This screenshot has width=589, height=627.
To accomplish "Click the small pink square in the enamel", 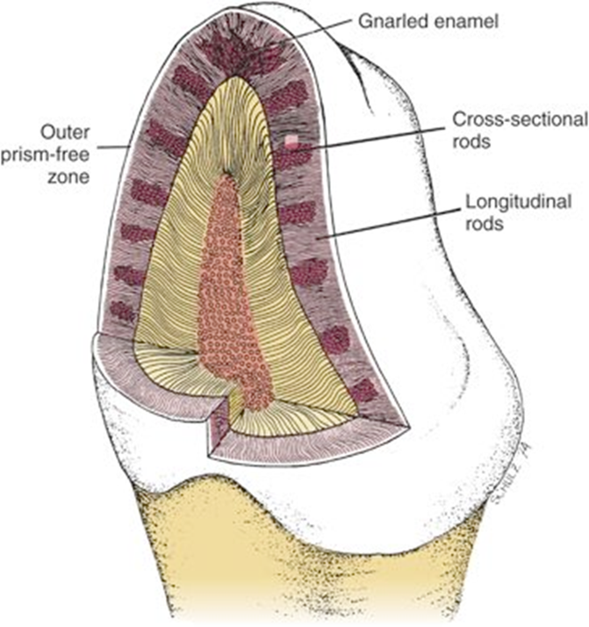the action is coord(291,140).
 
